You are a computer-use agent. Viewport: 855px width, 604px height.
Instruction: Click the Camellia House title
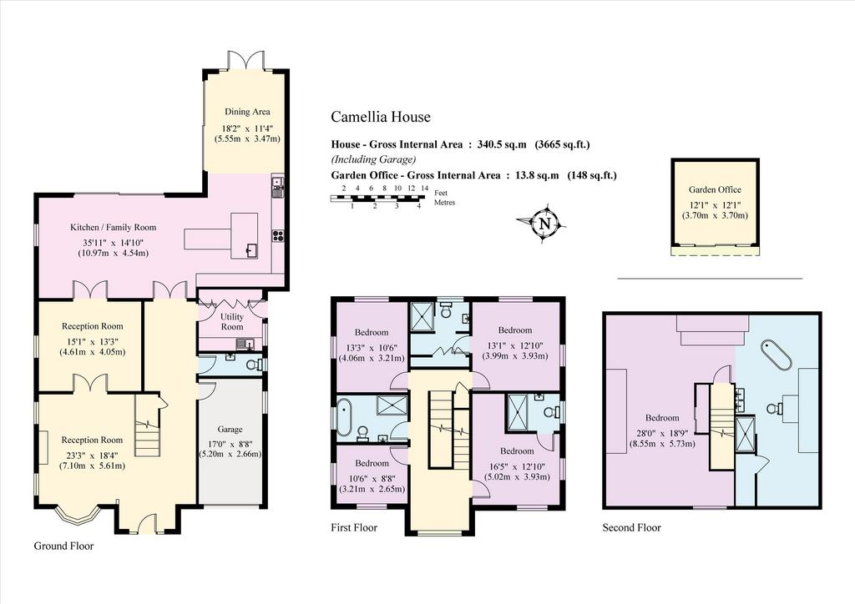pos(381,117)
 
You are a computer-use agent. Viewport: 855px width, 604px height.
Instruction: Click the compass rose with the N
pos(544,223)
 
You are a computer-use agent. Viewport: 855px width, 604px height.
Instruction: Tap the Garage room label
pos(230,429)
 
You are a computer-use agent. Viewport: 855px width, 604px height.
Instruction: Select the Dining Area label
pos(247,112)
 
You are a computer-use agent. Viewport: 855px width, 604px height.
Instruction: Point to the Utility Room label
pos(232,321)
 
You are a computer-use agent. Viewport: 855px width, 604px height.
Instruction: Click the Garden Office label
pos(715,189)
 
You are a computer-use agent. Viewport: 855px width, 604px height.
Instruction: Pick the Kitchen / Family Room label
pos(113,227)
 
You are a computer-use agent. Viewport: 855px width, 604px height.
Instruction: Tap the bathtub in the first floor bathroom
pos(344,418)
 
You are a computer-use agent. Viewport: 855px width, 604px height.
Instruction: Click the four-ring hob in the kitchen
pos(278,235)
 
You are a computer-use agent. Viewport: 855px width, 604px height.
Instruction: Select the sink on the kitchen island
pos(251,250)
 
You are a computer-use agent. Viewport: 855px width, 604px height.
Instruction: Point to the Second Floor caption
pos(631,528)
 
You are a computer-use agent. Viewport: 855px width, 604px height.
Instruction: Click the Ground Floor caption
pos(63,546)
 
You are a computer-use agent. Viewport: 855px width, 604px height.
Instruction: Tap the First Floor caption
pos(354,528)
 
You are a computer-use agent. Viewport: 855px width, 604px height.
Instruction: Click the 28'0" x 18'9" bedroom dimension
pos(662,433)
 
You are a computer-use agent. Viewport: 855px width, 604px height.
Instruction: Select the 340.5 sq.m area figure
pos(502,144)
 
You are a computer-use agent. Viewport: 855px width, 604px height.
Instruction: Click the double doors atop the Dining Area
pos(246,60)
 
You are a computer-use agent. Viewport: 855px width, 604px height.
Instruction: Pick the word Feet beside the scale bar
pos(441,193)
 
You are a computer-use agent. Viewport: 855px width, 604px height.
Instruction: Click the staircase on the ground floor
pos(148,426)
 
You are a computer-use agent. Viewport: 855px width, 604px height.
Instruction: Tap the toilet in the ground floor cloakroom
pos(255,365)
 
